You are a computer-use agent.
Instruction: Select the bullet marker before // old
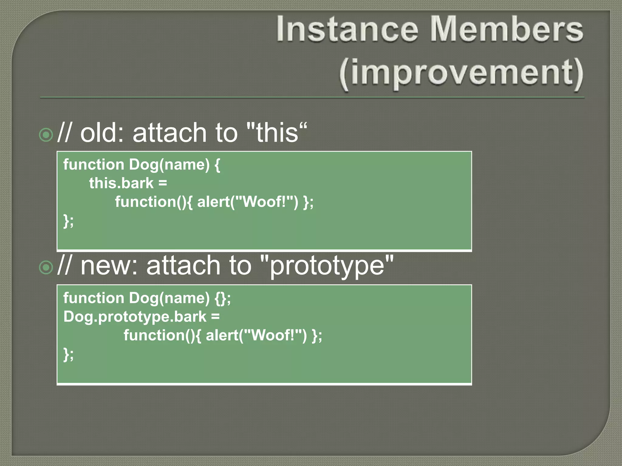pos(46,135)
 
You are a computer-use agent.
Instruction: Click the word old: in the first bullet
pos(102,133)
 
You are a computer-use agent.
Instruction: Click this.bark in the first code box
pos(121,184)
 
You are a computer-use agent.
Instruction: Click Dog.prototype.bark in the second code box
pos(135,317)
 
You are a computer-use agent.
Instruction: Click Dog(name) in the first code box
pos(169,165)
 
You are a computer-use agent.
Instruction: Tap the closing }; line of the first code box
pos(68,221)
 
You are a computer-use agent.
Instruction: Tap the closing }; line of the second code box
pos(68,354)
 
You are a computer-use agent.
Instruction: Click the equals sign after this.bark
pos(162,184)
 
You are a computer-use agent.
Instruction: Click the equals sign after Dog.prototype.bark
pos(215,317)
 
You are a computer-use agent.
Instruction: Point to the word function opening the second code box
pos(94,298)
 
